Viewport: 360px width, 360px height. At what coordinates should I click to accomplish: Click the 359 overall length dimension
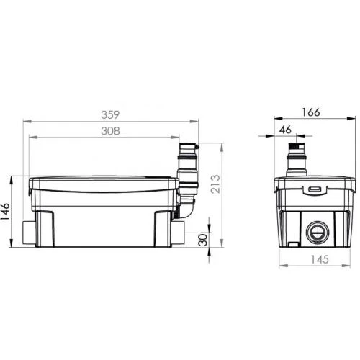coord(109,114)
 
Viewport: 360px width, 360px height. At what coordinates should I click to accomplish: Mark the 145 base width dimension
coord(315,260)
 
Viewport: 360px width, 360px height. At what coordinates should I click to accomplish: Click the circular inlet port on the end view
coord(315,232)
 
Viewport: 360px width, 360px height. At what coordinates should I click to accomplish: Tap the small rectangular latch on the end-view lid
coord(315,190)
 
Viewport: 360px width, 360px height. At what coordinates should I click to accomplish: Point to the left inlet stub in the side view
coord(28,232)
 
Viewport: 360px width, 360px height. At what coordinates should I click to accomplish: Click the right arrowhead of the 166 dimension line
coord(354,118)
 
